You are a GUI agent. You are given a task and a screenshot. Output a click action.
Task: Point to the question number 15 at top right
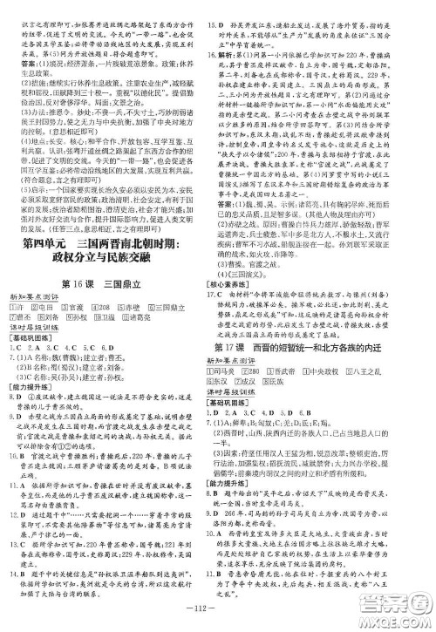tap(228, 8)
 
